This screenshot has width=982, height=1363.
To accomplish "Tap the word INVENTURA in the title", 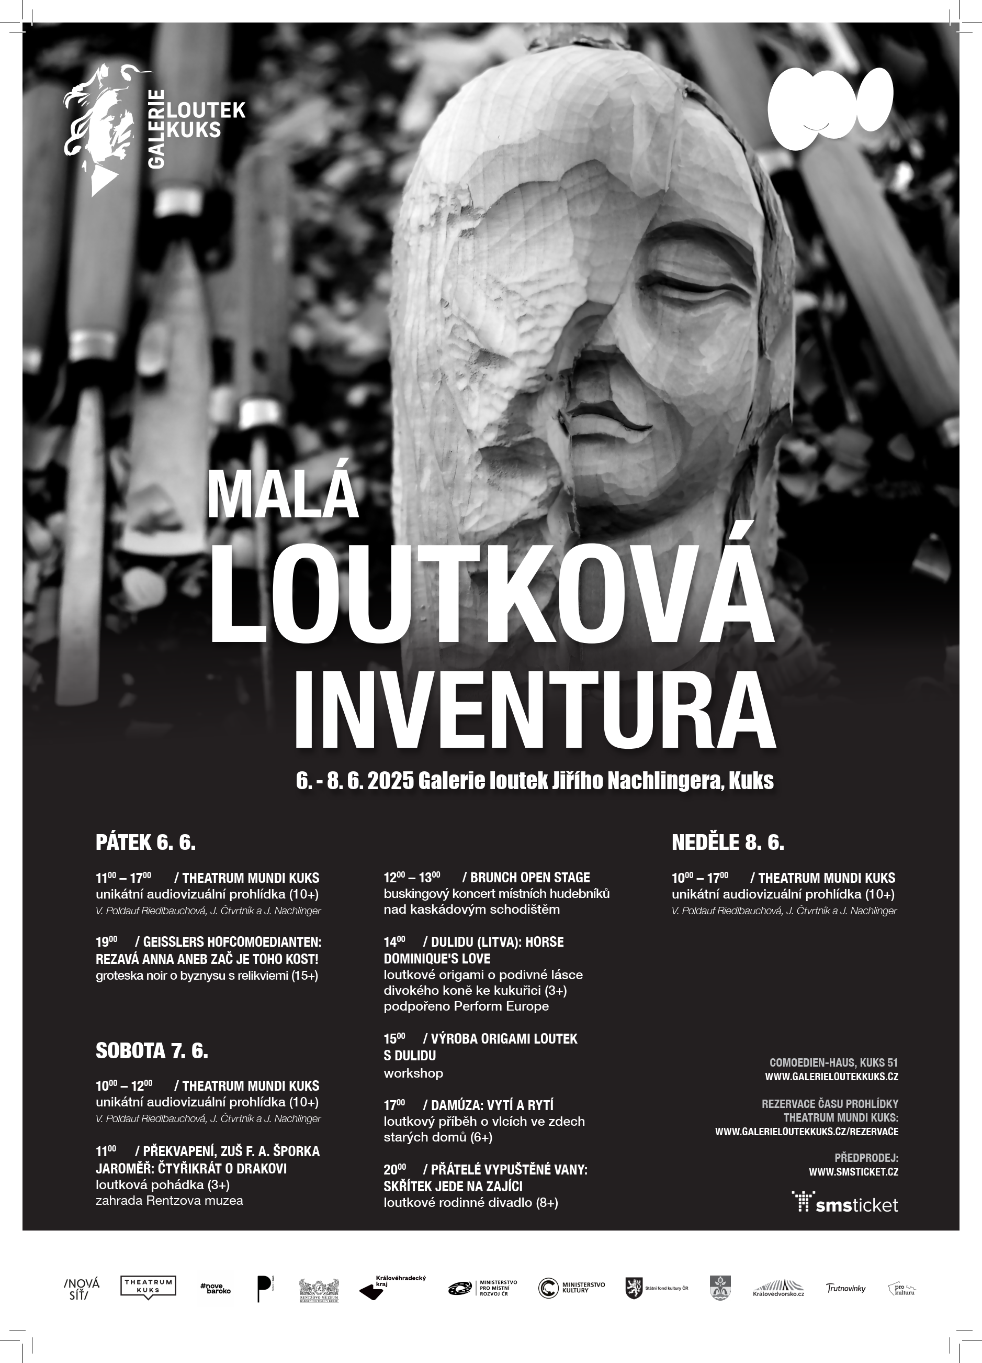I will [x=534, y=713].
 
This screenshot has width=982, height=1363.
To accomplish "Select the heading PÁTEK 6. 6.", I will [x=146, y=843].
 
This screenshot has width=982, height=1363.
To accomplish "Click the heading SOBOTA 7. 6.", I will [x=152, y=1051].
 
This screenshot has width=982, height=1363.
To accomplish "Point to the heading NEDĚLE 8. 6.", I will [x=727, y=843].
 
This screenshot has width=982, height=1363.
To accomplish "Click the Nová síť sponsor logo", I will [x=82, y=1288].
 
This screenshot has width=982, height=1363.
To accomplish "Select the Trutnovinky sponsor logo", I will [x=845, y=1288].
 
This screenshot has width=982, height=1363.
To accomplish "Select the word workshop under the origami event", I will [x=413, y=1073].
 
